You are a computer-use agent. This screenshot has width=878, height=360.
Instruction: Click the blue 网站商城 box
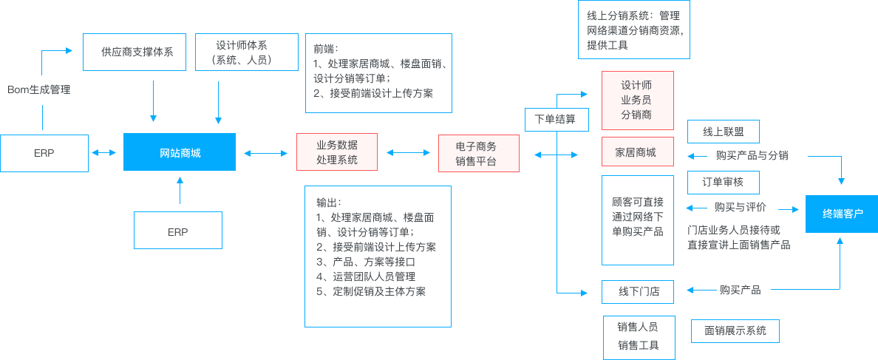tap(180, 152)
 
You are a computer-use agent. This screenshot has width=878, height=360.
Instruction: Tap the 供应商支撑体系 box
tap(134, 52)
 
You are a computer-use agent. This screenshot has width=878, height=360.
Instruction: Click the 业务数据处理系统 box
tap(337, 152)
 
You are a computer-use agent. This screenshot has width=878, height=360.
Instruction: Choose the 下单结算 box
tap(551, 119)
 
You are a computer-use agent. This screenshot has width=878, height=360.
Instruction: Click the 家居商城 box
tap(637, 152)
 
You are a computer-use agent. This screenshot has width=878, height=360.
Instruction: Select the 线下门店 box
tap(637, 292)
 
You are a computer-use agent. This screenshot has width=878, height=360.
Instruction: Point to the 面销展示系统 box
tap(735, 330)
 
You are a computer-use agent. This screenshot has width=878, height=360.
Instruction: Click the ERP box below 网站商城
tap(177, 231)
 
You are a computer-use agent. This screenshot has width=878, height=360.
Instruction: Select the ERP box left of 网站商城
tap(44, 153)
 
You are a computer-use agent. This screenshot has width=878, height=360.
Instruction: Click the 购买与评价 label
tap(740, 208)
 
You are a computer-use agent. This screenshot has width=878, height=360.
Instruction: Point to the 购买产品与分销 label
tap(751, 156)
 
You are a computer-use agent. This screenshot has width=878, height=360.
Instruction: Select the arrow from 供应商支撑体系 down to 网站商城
tap(154, 100)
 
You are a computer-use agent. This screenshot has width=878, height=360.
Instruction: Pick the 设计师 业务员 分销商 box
tap(637, 101)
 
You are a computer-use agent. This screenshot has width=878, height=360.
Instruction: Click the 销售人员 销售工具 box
tap(637, 336)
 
